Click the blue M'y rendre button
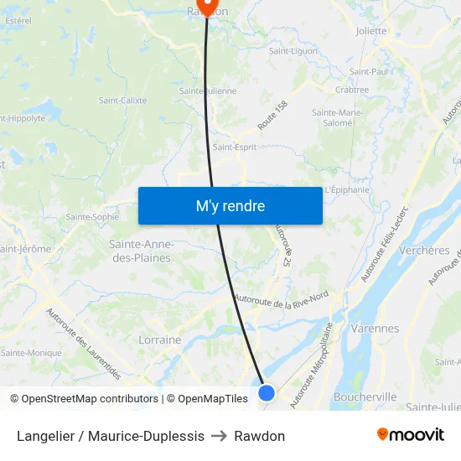tap(230, 205)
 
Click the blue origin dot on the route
tap(267, 392)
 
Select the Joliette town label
tap(371, 31)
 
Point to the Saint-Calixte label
tap(122, 100)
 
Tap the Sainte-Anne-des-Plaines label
tap(142, 251)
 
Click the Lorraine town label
tap(159, 340)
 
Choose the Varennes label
tap(375, 329)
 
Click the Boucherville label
tap(364, 396)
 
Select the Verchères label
tap(425, 250)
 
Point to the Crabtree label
tap(351, 90)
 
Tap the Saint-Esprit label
tap(235, 147)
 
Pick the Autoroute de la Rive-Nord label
tap(281, 300)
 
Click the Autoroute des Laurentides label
tap(83, 343)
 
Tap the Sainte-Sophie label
tap(92, 216)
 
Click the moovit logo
tap(410, 435)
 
